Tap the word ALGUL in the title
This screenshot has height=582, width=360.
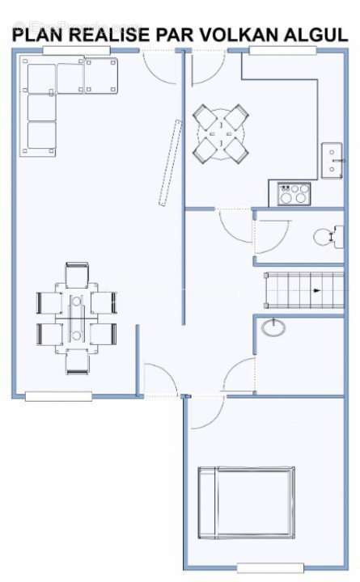coord(316,35)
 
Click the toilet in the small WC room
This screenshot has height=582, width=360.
coord(328,237)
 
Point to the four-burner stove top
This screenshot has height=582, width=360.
coord(294,193)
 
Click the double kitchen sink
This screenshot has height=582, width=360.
coord(332,160)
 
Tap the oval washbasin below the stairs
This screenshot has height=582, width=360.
coord(273,327)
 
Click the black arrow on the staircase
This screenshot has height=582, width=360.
coord(316,291)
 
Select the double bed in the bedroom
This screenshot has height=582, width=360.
coord(246,502)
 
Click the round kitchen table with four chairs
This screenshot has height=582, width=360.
coord(221,133)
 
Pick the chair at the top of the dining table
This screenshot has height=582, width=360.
coord(77,275)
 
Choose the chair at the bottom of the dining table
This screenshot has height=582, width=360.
coord(78,361)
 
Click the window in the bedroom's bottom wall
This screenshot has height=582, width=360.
coord(270,567)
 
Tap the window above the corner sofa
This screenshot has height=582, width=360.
coord(77,50)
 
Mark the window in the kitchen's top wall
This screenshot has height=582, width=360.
coord(282,50)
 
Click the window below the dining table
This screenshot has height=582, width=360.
coord(58,396)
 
